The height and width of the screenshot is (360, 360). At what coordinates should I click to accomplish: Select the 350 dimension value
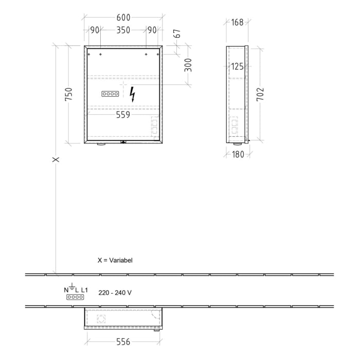point(123,30)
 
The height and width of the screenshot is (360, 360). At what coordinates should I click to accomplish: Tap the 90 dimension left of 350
point(95,30)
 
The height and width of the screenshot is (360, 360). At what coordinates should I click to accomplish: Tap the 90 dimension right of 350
point(152,30)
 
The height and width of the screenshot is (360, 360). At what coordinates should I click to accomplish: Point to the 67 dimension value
point(178,34)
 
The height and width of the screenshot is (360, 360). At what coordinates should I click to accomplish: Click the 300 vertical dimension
point(188,65)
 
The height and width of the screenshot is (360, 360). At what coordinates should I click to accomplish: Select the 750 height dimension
point(69,95)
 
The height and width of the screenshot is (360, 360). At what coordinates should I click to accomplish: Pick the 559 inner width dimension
point(123,115)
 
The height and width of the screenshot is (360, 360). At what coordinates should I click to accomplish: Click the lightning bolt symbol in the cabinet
point(133,94)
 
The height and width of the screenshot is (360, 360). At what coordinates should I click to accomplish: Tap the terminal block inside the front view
point(111,94)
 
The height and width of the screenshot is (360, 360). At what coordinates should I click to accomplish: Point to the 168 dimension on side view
point(237,22)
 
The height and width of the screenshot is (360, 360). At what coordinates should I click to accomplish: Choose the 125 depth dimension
point(237,66)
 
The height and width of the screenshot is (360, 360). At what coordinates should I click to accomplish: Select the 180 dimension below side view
point(237,155)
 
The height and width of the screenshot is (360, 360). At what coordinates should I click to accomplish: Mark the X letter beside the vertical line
point(56,159)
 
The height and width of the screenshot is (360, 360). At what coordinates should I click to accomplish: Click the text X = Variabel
point(115,261)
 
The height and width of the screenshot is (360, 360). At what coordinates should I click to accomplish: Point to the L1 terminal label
point(84,291)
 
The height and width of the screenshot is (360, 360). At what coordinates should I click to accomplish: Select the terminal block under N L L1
point(75,297)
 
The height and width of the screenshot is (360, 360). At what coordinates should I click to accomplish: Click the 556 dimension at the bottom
point(123,341)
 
